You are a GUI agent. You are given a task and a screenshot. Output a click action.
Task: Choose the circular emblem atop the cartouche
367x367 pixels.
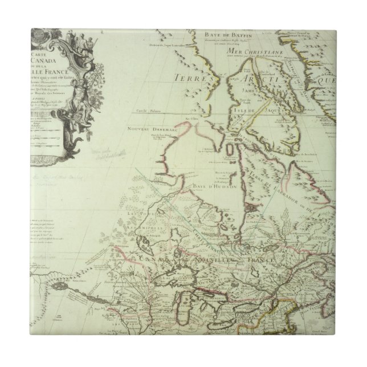[x=34, y=34]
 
